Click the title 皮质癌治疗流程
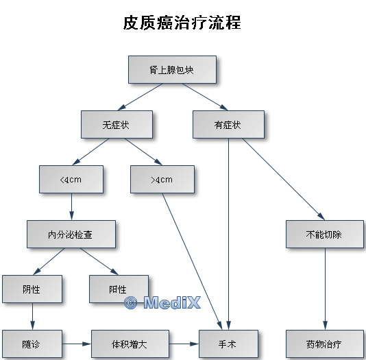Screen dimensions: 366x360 pyautogui.click(x=182, y=23)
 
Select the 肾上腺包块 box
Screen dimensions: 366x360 pyautogui.click(x=172, y=69)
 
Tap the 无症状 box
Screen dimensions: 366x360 pyautogui.click(x=117, y=124)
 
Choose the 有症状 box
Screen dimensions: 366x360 pyautogui.click(x=228, y=124)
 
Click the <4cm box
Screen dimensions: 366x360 pyautogui.click(x=71, y=179)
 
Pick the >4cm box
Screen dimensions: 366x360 pyautogui.click(x=162, y=179)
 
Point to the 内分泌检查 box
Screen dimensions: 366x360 pyautogui.click(x=71, y=234)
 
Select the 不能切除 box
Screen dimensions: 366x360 pyautogui.click(x=325, y=234)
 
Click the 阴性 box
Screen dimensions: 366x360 pyautogui.click(x=32, y=289)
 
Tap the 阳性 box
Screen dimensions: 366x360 pyautogui.click(x=119, y=289)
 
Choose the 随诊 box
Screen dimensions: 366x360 pyautogui.click(x=32, y=344)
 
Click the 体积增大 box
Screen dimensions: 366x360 pyautogui.click(x=130, y=344)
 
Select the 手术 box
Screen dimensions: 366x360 pyautogui.click(x=228, y=344)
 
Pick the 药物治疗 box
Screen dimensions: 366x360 pyautogui.click(x=325, y=344)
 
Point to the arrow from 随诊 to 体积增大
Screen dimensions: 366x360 pyautogui.click(x=77, y=344)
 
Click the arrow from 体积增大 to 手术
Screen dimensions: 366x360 pyautogui.click(x=184, y=344)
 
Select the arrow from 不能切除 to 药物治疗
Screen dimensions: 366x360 pyautogui.click(x=325, y=289)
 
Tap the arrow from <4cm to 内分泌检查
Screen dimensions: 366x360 pyautogui.click(x=72, y=206)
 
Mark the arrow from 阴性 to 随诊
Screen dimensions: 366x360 pyautogui.click(x=32, y=316)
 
